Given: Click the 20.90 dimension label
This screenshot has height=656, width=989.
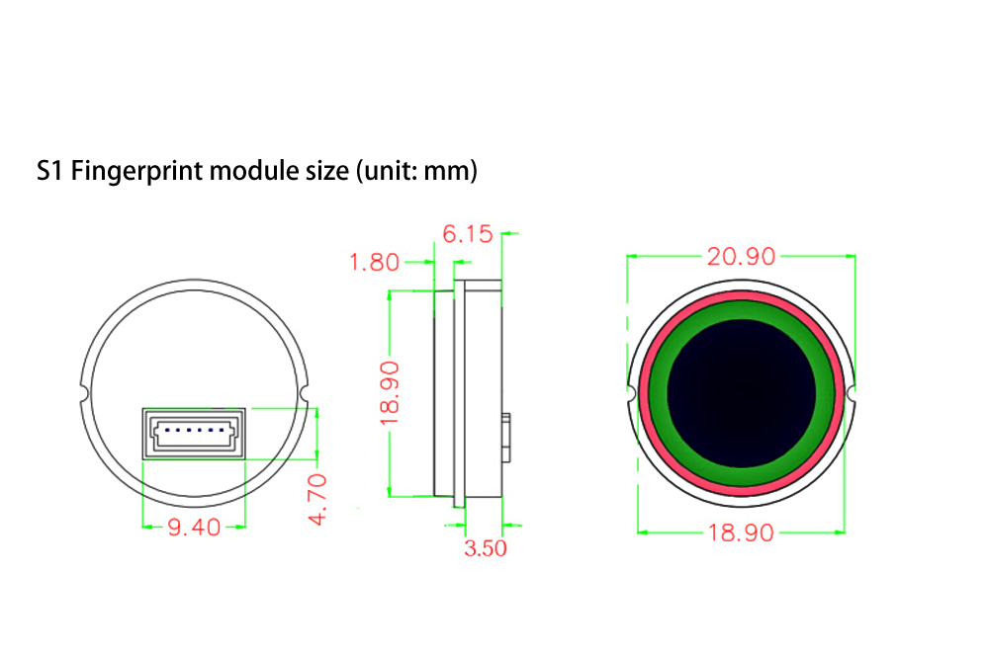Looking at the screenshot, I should [741, 257].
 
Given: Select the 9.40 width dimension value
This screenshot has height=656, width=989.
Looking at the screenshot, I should [194, 528].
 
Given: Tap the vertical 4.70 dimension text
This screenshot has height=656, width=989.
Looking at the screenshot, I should [317, 499].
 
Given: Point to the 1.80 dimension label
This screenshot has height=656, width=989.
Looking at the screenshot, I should [375, 263].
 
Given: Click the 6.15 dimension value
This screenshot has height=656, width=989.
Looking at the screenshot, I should [467, 234].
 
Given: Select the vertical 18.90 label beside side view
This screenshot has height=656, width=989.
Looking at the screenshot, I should [390, 392].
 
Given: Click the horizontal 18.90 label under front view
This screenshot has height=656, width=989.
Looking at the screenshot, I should [741, 533].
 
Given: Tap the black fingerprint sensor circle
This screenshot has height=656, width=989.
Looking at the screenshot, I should [742, 392].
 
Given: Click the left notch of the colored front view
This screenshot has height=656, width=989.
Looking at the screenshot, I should [631, 392].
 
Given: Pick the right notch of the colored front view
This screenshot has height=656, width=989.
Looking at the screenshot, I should [852, 392].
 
